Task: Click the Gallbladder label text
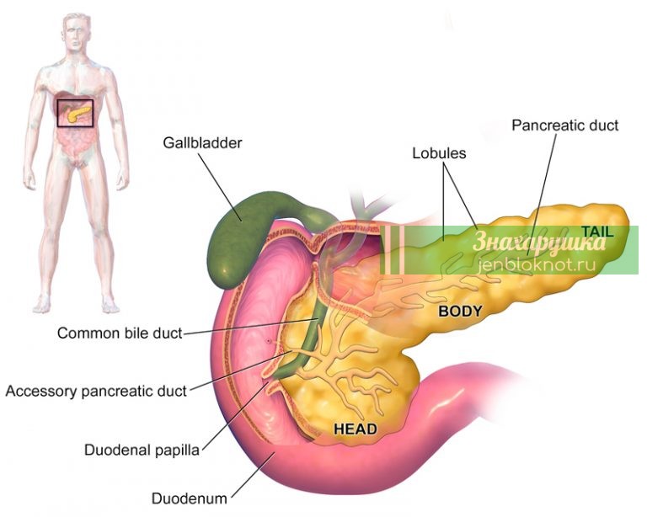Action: click(202, 143)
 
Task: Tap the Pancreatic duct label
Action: click(565, 125)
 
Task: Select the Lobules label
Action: click(439, 153)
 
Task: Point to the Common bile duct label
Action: click(120, 333)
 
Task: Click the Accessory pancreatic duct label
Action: click(96, 391)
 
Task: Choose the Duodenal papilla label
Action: click(142, 450)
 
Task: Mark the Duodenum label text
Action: click(190, 498)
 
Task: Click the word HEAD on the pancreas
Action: click(356, 429)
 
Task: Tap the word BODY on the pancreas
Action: click(460, 311)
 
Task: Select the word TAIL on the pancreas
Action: click(597, 232)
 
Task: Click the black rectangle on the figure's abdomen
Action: click(75, 113)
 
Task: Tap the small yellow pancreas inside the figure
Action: click(78, 113)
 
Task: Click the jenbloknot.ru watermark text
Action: click(537, 264)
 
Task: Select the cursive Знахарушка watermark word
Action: click(538, 242)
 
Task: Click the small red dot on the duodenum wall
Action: click(269, 341)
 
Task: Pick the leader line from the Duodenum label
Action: click(253, 475)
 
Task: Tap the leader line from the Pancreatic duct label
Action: click(542, 194)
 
